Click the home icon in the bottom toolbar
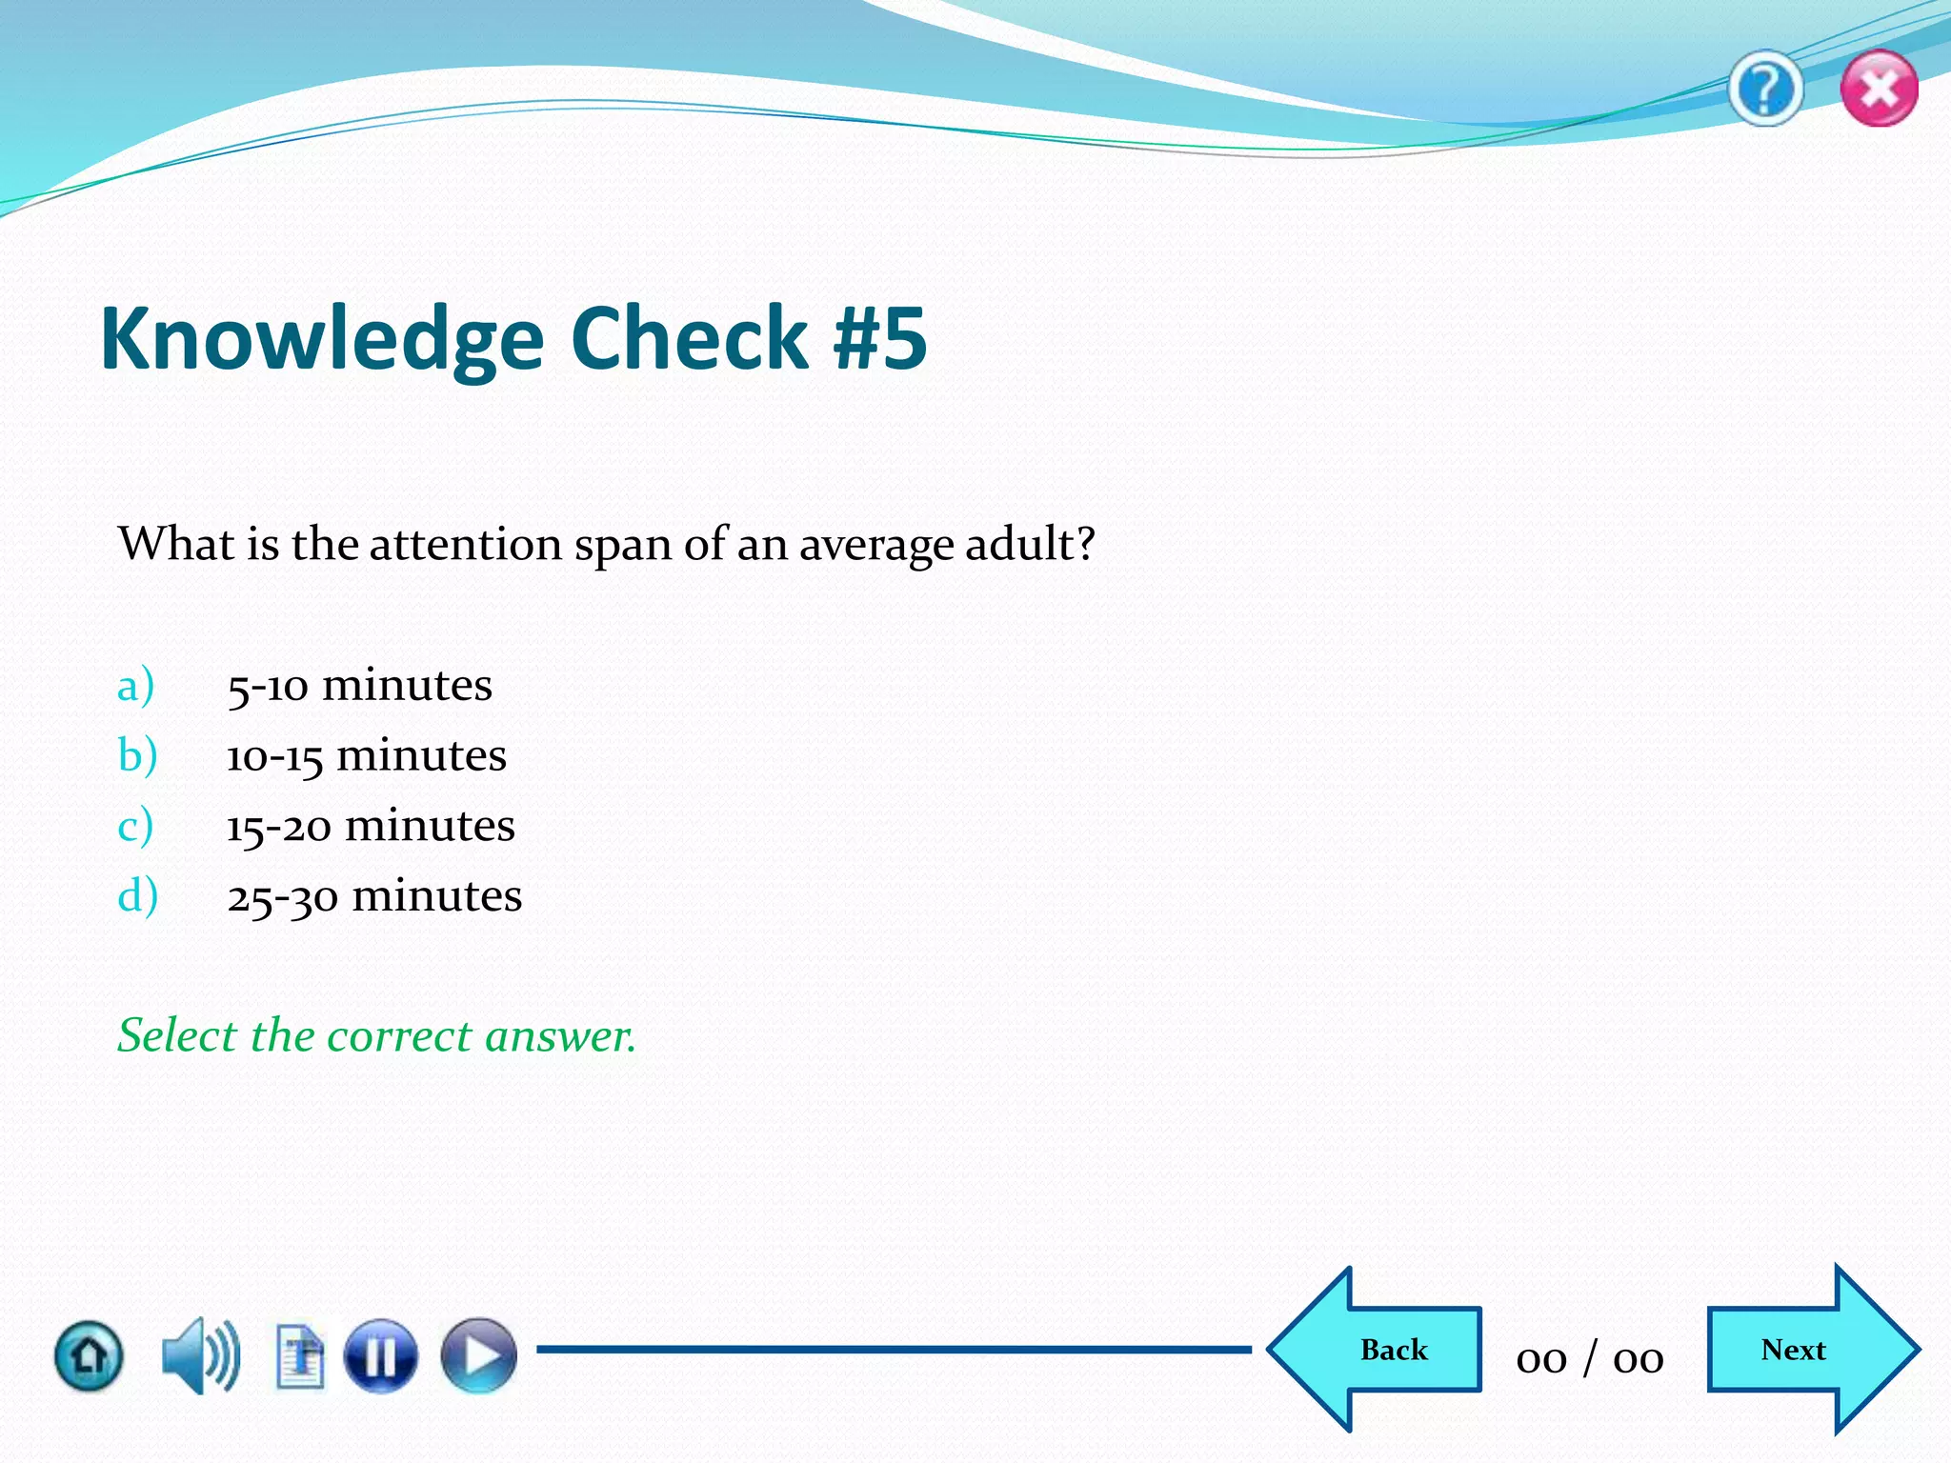[89, 1355]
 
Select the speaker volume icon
[200, 1355]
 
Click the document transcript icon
[300, 1356]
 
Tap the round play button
[478, 1355]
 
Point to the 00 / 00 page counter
[1590, 1358]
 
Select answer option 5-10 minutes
[359, 686]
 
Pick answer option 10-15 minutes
[366, 756]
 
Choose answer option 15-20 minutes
[370, 826]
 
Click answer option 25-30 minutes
[373, 896]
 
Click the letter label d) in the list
[137, 896]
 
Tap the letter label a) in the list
[135, 686]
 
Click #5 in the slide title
[878, 338]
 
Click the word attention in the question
[465, 545]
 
